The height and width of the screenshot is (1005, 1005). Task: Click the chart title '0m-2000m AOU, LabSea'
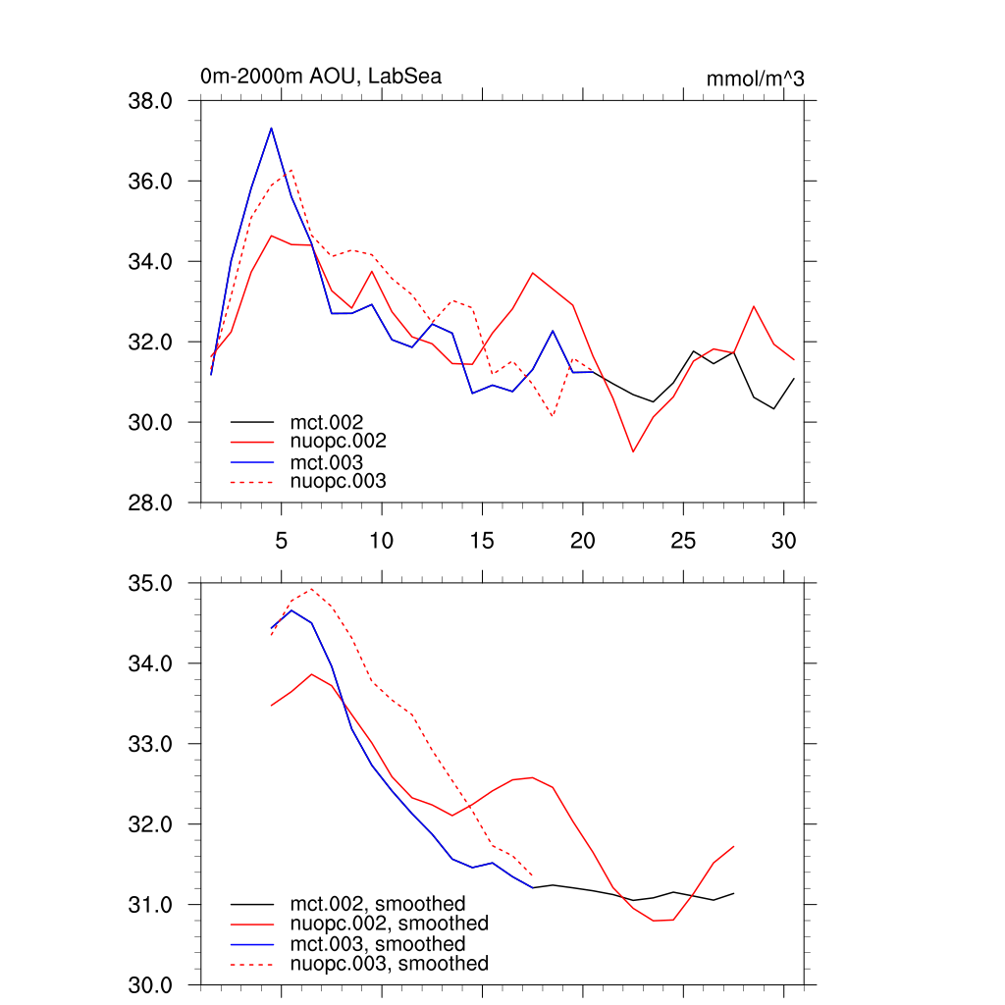point(320,77)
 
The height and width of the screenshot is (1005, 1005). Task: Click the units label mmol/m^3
point(755,79)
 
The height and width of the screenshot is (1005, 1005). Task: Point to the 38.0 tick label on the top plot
point(151,101)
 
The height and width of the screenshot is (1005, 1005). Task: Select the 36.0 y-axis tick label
point(151,182)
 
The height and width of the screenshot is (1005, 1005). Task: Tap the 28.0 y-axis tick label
point(151,502)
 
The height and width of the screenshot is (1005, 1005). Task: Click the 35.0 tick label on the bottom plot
point(151,583)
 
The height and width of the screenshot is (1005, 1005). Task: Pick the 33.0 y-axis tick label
point(151,744)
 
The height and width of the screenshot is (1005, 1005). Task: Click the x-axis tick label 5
point(281,541)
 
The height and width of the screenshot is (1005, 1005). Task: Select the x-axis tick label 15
point(482,541)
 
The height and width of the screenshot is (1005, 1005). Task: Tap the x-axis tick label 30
point(783,541)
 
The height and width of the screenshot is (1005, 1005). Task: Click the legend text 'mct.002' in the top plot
point(334,422)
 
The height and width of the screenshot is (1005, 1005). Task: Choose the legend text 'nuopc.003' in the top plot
point(338,481)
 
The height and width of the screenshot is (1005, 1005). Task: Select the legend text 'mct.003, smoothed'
point(377,944)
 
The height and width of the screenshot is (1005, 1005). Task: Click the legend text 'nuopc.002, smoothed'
point(389,924)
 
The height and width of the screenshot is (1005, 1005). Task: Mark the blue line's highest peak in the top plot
point(271,128)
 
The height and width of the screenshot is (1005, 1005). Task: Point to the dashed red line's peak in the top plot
point(291,170)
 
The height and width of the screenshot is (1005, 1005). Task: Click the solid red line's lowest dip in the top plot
point(633,451)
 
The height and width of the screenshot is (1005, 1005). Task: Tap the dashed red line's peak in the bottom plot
point(311,589)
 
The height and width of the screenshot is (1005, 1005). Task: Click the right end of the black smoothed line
point(734,893)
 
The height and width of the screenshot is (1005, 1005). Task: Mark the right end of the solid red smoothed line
point(734,846)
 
